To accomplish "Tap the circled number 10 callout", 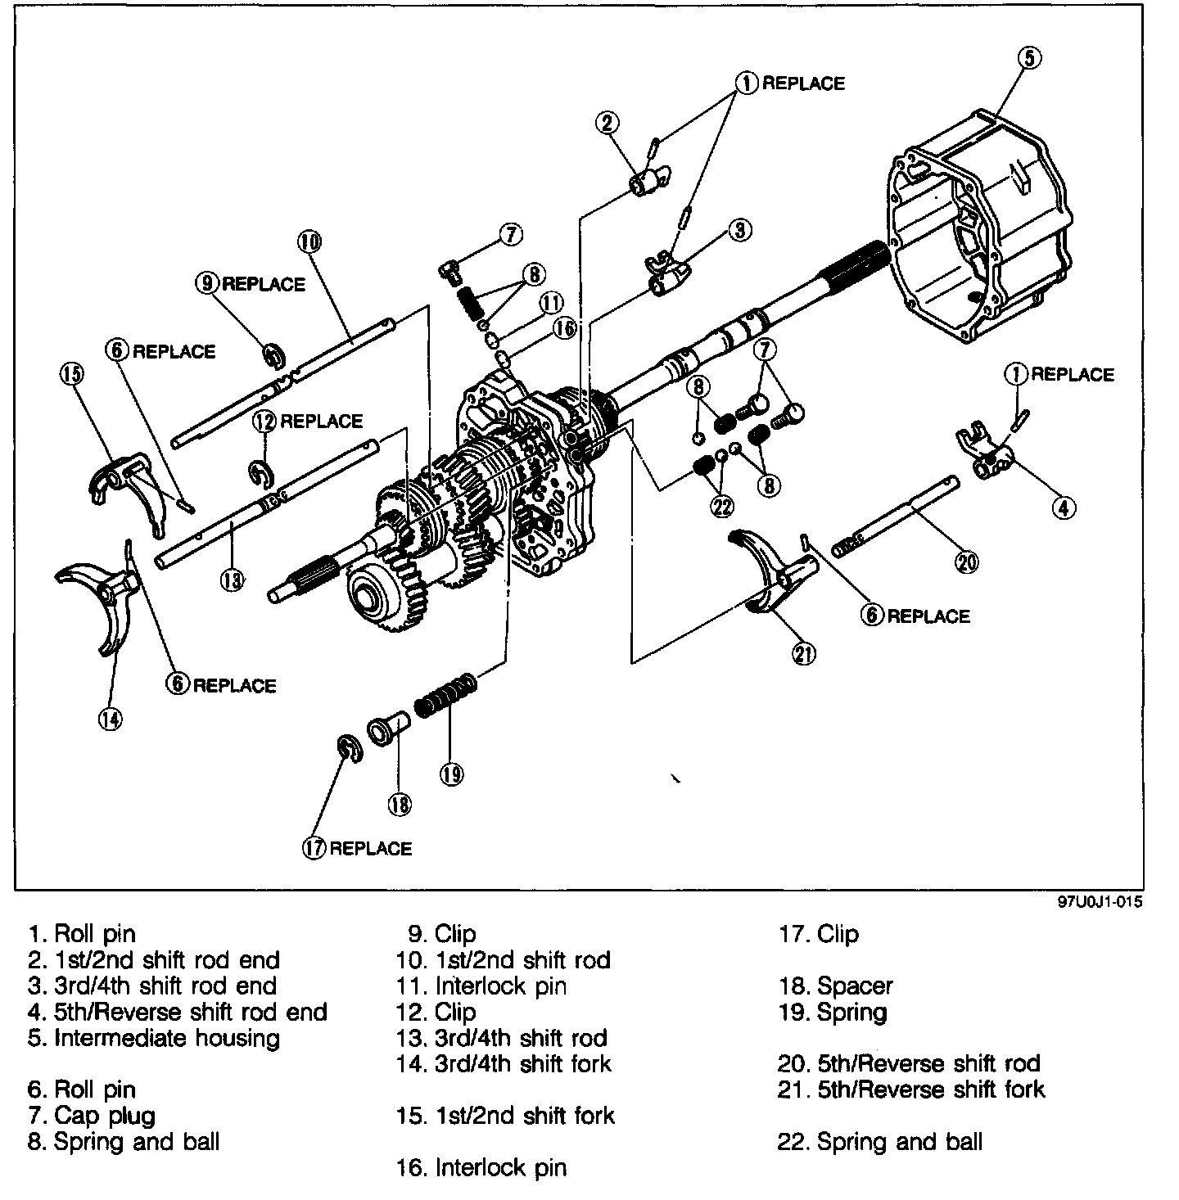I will [x=309, y=241].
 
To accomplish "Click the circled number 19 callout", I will [x=451, y=772].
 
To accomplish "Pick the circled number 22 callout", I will [x=722, y=507].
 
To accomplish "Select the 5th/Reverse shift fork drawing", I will [x=770, y=569].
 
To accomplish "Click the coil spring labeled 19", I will [x=445, y=696].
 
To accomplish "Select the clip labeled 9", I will [x=273, y=357].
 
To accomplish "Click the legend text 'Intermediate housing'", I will [x=167, y=1038].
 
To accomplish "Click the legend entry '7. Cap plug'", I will [x=91, y=1115].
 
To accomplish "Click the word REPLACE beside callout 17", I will [x=371, y=849].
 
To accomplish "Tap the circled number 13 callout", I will [x=232, y=580].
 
